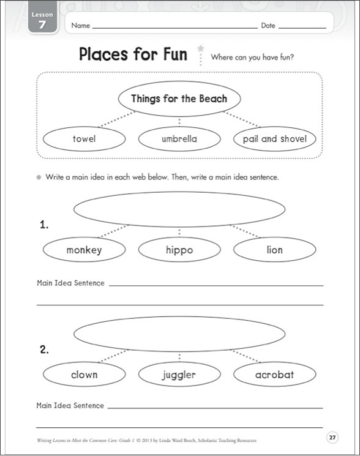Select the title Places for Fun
click(x=133, y=53)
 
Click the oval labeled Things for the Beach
click(x=179, y=99)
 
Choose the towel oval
click(x=84, y=139)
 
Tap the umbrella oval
click(x=179, y=139)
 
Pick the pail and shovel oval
click(x=274, y=139)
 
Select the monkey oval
click(x=84, y=250)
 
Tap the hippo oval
click(x=179, y=250)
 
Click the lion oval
click(x=274, y=250)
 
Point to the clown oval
click(x=84, y=375)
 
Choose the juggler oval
click(x=179, y=375)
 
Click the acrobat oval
click(x=274, y=375)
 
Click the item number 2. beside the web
click(x=44, y=350)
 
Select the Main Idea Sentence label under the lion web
click(x=70, y=283)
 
